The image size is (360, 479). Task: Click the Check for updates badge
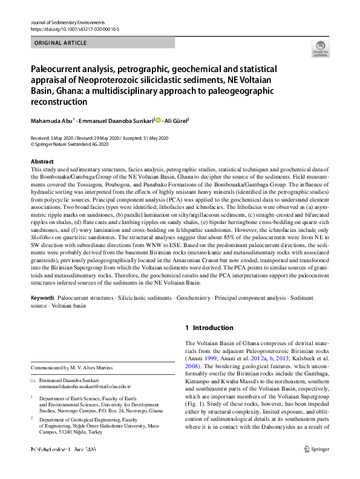(x=320, y=48)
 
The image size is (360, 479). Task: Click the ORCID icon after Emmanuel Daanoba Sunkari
(x=159, y=119)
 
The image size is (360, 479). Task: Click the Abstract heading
(x=42, y=162)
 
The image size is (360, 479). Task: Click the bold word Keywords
(x=42, y=299)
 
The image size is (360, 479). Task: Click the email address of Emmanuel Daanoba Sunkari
(x=80, y=386)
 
